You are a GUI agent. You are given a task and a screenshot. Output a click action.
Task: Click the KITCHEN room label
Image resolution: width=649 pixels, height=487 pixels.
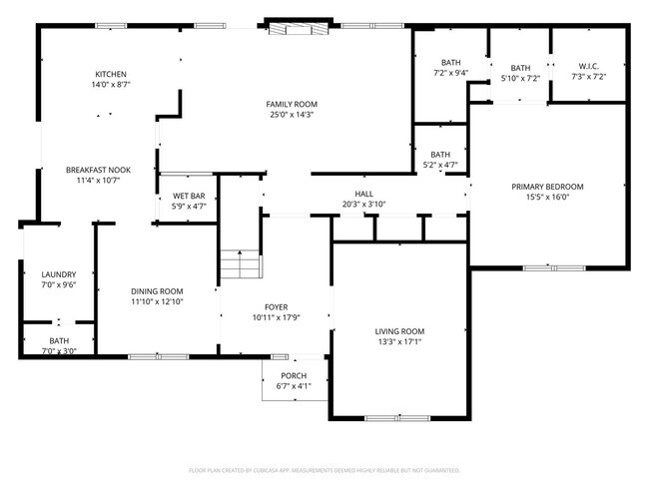(x=111, y=75)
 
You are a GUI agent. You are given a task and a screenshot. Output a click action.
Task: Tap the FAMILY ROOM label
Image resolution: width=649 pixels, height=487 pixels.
(x=291, y=105)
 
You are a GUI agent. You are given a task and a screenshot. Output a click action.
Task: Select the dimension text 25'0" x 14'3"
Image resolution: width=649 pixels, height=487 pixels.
(x=291, y=115)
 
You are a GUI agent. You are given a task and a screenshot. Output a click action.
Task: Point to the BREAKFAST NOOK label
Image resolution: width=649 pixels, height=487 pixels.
(x=99, y=171)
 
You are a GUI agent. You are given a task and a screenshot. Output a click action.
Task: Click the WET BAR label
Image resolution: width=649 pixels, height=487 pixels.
(x=189, y=196)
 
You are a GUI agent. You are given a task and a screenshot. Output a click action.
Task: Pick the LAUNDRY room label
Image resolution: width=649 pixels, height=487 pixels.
(x=59, y=274)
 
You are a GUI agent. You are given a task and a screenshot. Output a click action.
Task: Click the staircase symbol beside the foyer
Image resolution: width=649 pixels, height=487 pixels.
(x=240, y=266)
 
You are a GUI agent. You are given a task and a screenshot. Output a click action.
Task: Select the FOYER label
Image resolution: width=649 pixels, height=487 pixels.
(x=277, y=307)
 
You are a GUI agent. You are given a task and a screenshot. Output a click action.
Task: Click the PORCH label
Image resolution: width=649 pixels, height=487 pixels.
(x=294, y=375)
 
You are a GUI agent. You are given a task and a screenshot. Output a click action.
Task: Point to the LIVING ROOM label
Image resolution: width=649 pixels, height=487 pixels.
(x=399, y=331)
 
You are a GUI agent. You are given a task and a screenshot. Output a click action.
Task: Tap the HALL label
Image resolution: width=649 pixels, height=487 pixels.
(x=363, y=194)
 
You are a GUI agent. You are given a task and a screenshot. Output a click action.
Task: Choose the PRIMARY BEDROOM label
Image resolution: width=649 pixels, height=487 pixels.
(x=547, y=187)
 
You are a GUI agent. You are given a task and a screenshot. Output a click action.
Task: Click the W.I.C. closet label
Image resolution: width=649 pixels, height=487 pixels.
(x=588, y=66)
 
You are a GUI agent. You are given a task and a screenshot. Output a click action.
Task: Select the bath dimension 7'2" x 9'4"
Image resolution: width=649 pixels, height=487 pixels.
(x=450, y=73)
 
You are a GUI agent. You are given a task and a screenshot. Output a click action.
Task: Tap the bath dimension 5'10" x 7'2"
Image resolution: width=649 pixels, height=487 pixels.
(x=520, y=78)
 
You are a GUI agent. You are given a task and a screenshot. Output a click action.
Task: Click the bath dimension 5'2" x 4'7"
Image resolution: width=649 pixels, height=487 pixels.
(x=440, y=165)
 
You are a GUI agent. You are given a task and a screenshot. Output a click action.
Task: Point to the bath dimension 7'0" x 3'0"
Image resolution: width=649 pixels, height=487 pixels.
(x=59, y=351)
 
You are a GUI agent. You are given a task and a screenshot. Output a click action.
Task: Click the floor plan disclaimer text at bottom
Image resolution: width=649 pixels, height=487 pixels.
(x=324, y=469)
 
